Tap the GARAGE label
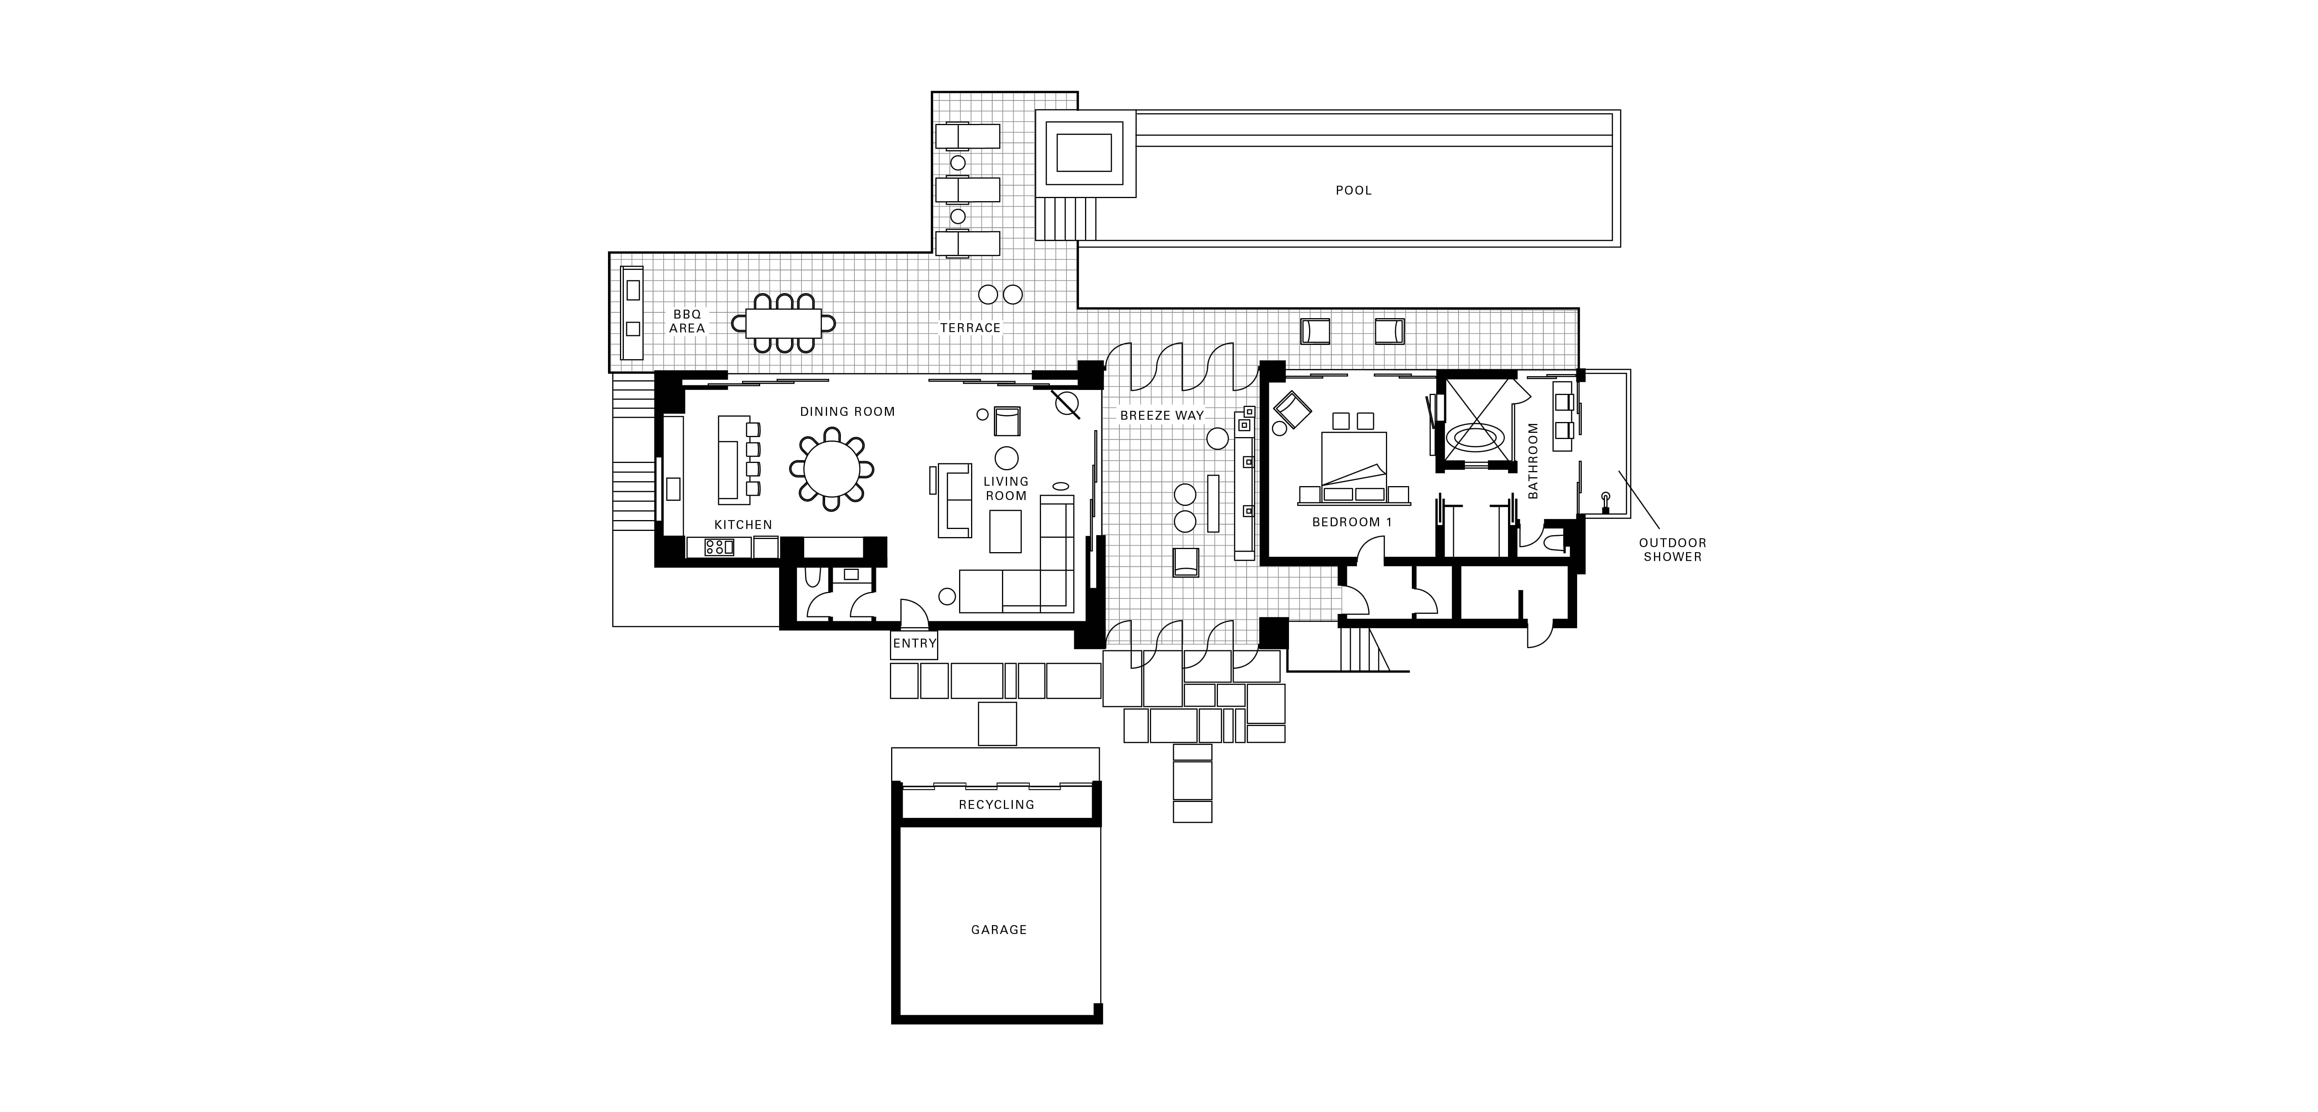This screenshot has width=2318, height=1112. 999,929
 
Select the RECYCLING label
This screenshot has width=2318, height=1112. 996,804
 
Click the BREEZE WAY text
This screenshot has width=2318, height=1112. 1162,416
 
